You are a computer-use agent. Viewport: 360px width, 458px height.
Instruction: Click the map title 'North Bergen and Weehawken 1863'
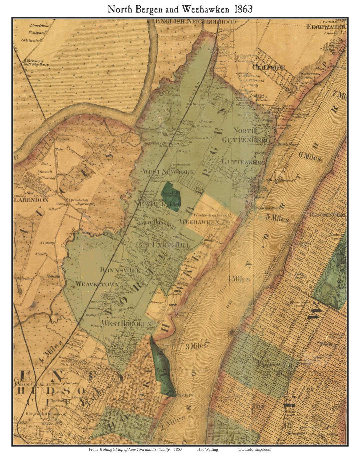pos(180,9)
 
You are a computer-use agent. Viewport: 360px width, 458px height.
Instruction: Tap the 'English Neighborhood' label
pos(196,22)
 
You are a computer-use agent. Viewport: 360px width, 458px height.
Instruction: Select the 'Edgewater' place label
pos(326,27)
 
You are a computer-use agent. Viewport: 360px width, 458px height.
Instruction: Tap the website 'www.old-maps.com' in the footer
pos(254,449)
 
